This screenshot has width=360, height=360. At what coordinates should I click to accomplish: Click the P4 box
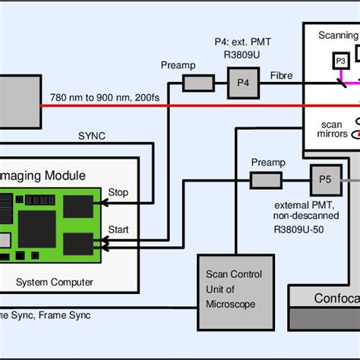pos(242,80)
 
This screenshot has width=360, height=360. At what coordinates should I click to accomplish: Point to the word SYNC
pos(93,136)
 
